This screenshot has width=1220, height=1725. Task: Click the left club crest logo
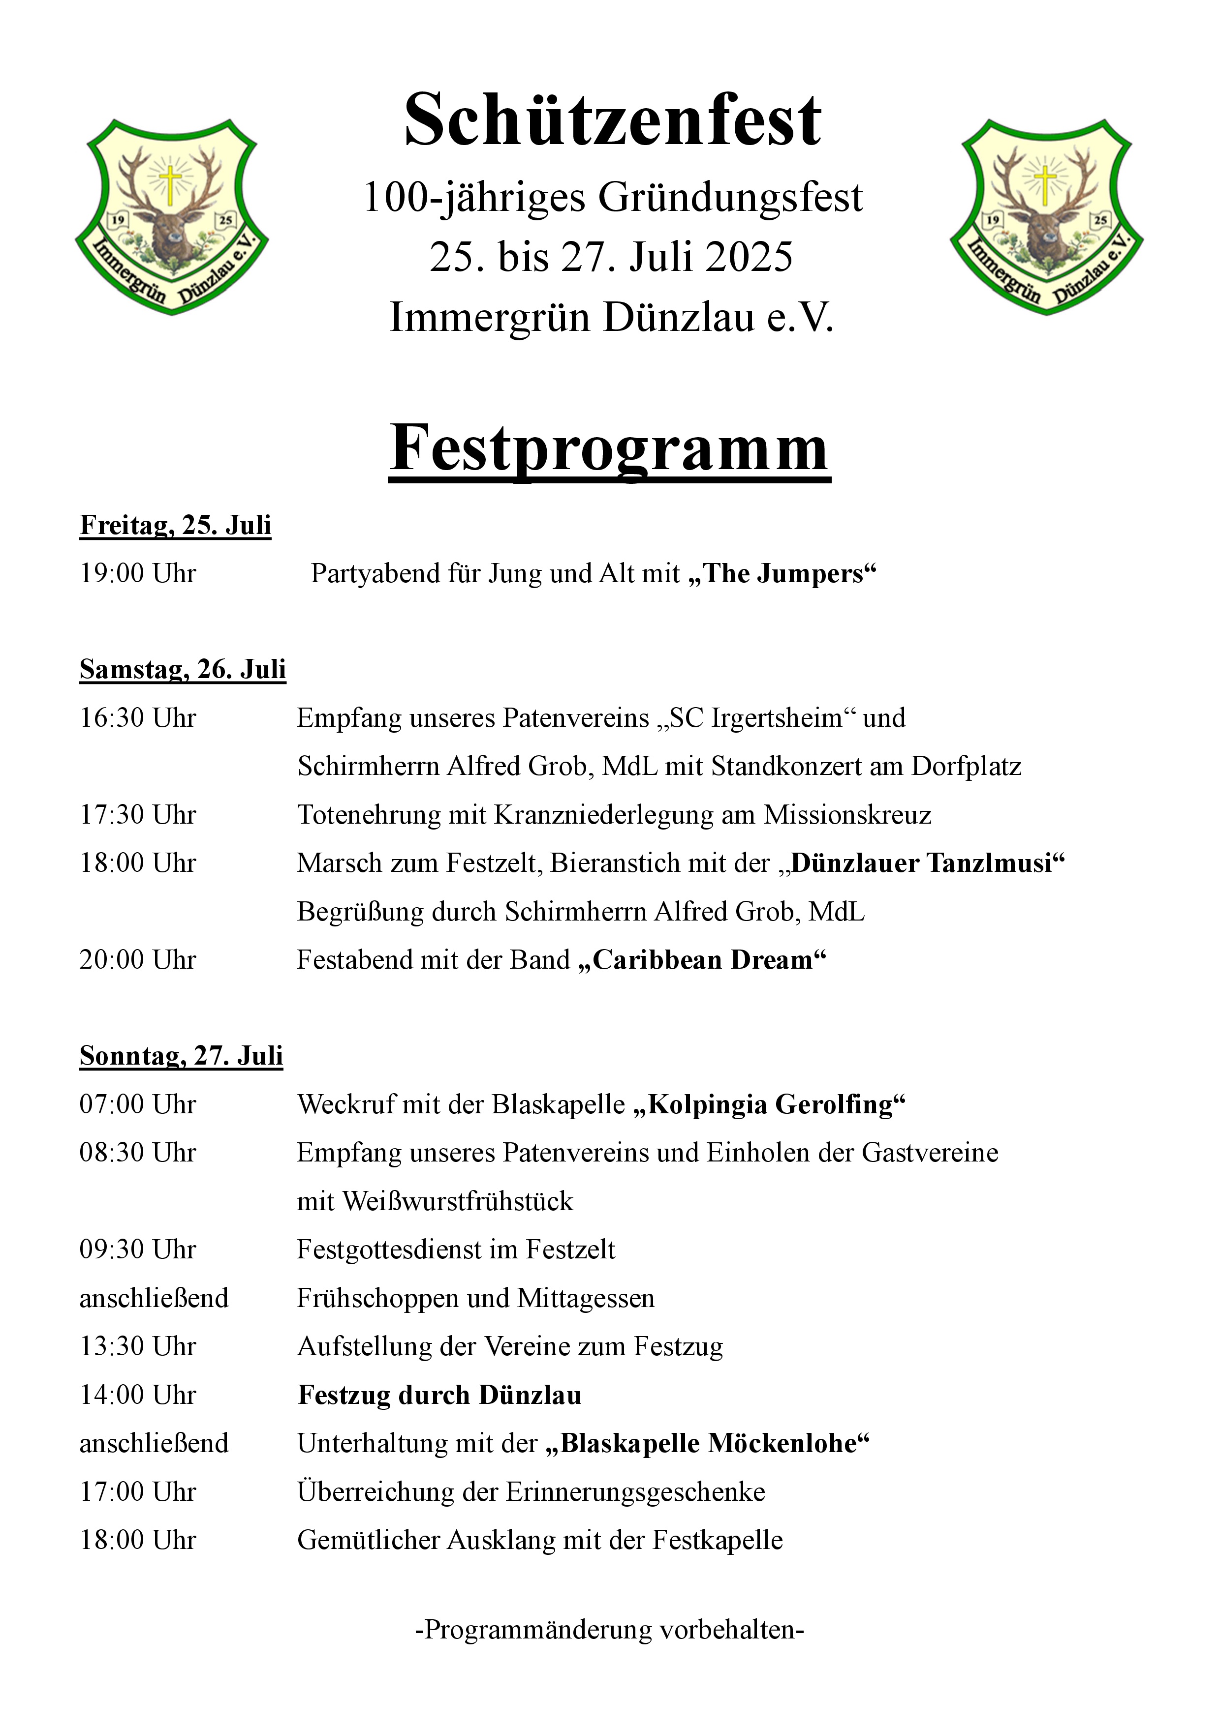[x=172, y=216]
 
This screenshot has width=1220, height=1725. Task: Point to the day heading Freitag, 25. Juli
[x=175, y=525]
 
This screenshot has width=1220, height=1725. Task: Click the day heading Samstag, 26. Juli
[x=183, y=669]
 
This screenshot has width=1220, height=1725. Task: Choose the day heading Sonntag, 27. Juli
[x=181, y=1056]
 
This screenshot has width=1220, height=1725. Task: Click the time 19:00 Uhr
[x=138, y=573]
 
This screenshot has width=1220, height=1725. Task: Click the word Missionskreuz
[x=847, y=814]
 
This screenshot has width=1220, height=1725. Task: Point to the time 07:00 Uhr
[x=138, y=1104]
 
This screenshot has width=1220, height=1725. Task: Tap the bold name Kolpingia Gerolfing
[x=770, y=1104]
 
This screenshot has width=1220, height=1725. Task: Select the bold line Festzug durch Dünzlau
[x=440, y=1395]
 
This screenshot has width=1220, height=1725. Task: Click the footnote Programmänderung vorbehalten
[x=610, y=1630]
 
